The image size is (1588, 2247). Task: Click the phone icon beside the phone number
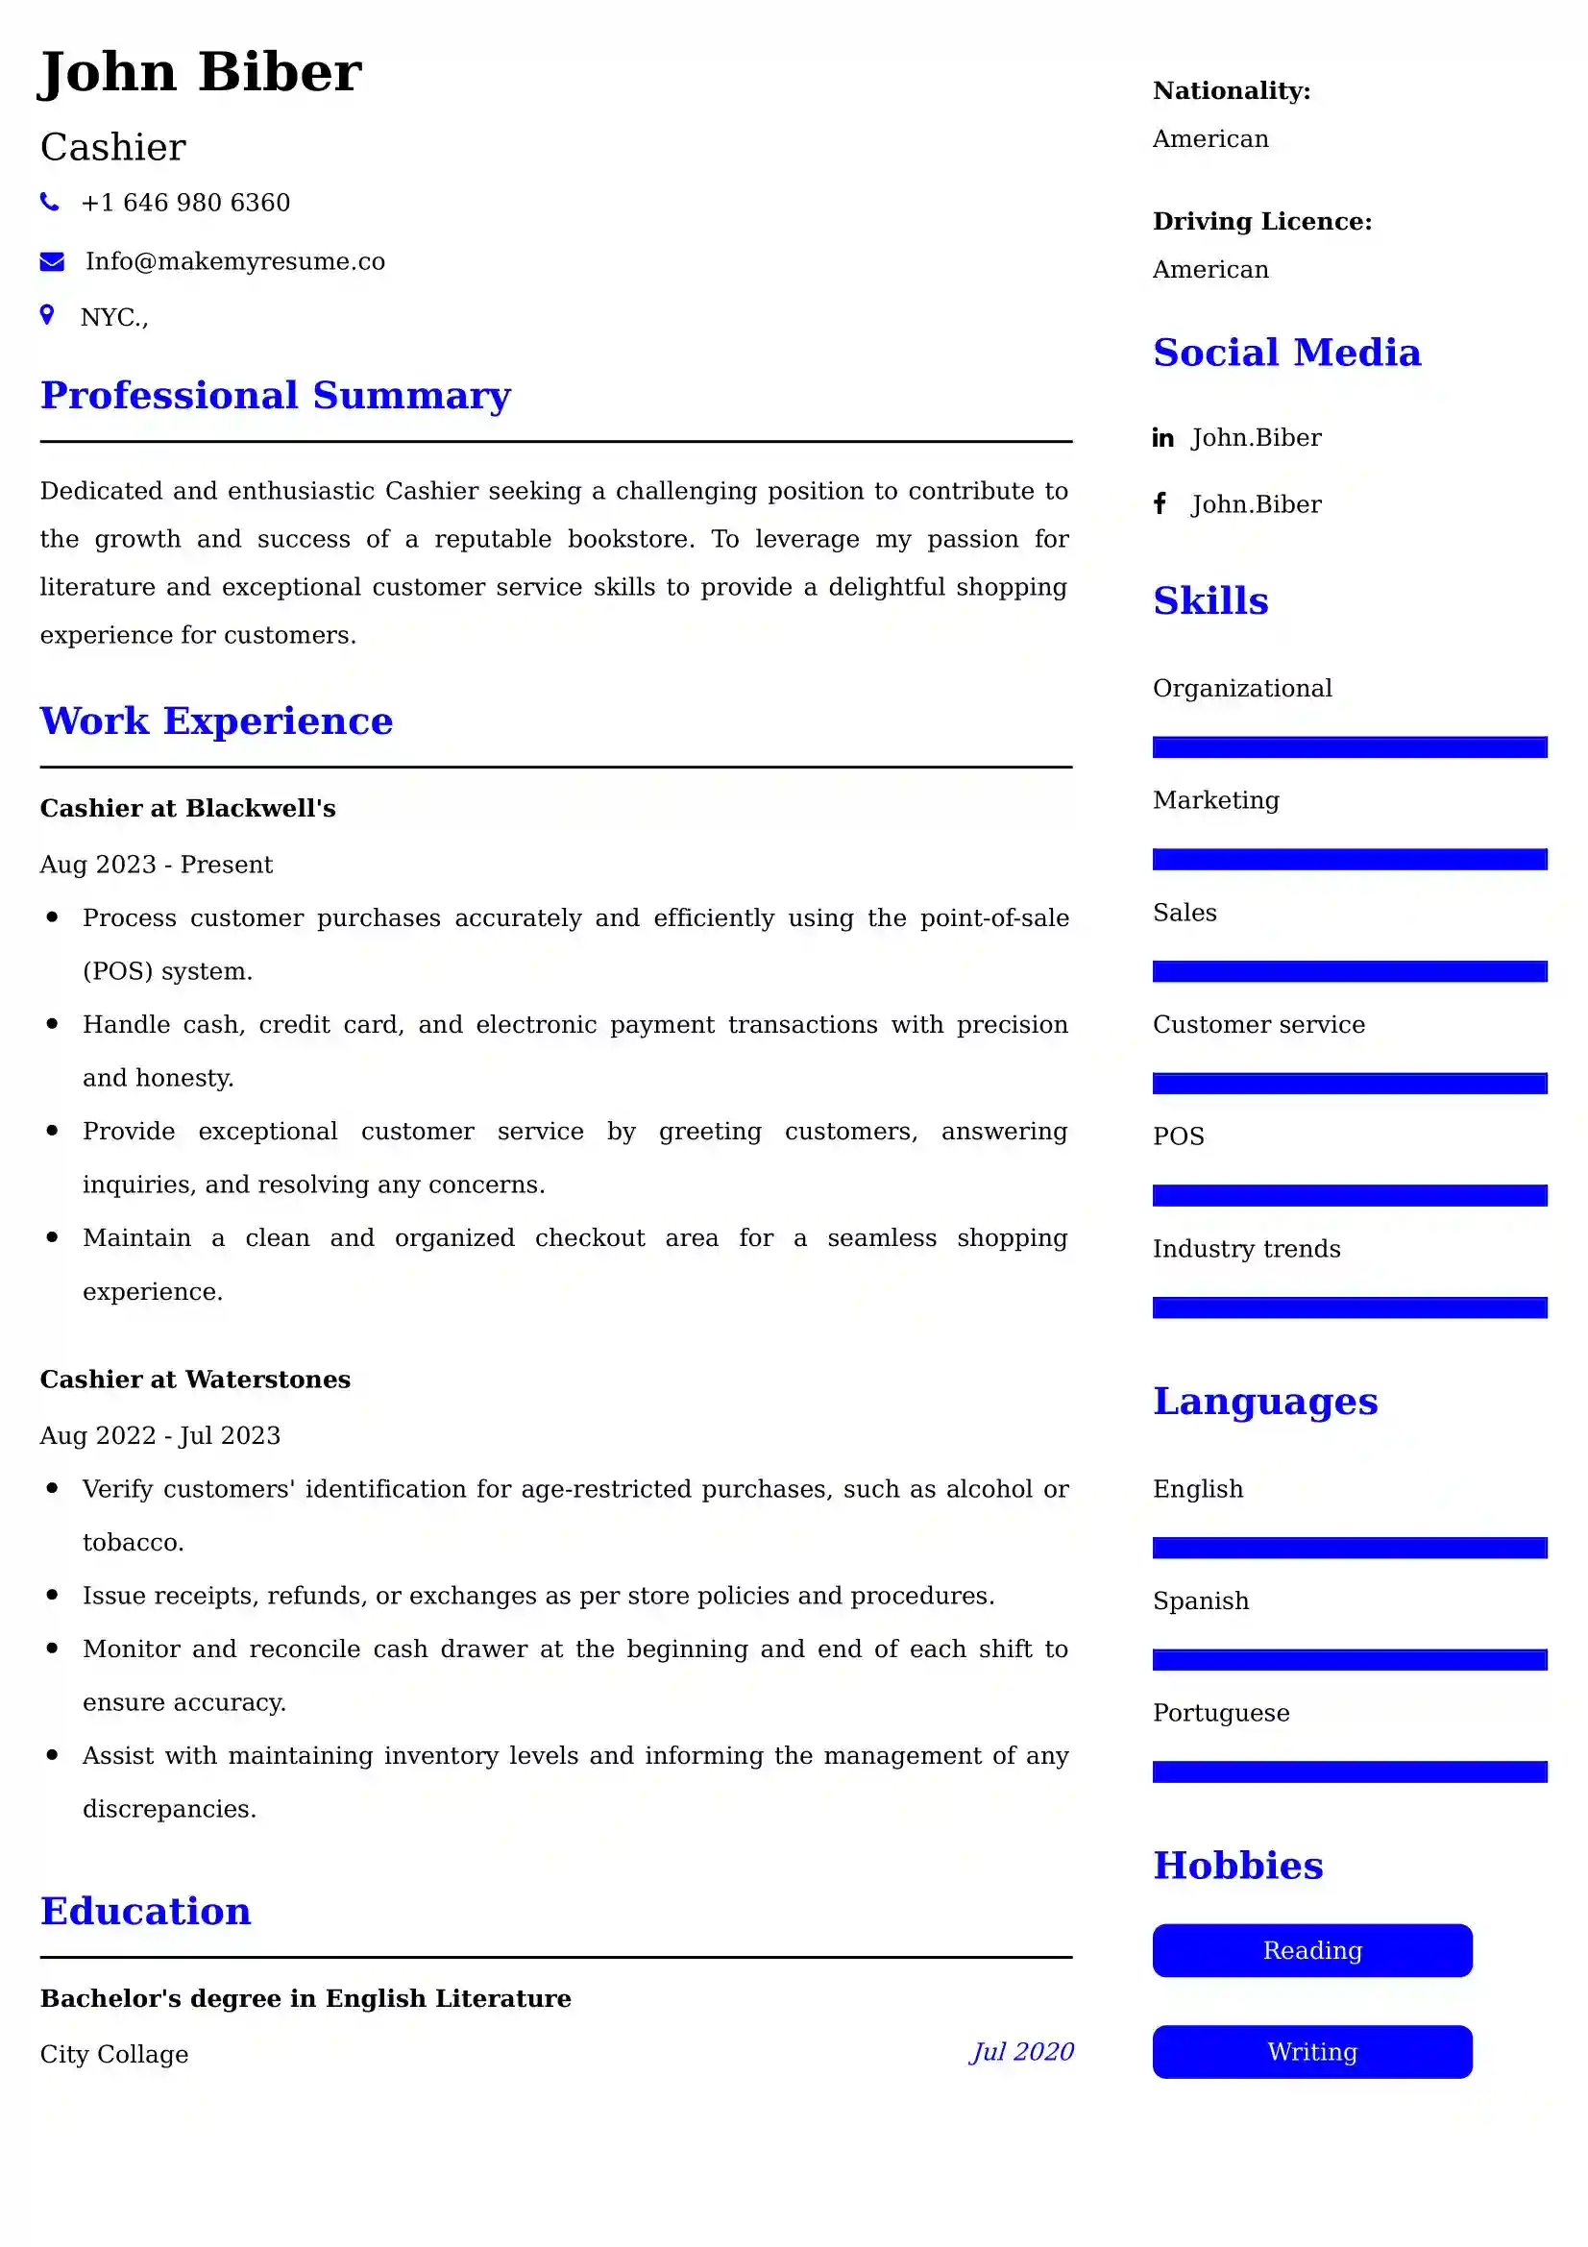pos(49,203)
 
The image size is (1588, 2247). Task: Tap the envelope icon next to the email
pos(52,261)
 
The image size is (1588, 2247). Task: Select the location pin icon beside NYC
pos(47,315)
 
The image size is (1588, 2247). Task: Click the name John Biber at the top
pos(201,72)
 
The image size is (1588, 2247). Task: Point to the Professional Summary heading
pos(275,396)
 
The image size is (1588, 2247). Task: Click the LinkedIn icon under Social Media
pos(1162,437)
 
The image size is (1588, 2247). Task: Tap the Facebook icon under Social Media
pos(1160,504)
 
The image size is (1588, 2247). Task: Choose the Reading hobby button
pos(1311,1950)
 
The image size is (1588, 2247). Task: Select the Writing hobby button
pos(1311,2051)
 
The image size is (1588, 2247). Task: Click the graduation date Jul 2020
pos(1021,2051)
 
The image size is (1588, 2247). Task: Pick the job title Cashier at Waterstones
pos(195,1379)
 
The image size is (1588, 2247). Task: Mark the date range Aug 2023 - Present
pos(157,865)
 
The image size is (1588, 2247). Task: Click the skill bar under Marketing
pos(1349,859)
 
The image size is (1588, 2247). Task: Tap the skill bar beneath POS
pos(1349,1195)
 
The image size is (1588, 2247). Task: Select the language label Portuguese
pos(1221,1713)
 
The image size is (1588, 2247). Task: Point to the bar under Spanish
pos(1349,1660)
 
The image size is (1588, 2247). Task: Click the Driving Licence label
pos(1262,221)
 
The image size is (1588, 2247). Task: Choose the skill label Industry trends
pos(1247,1249)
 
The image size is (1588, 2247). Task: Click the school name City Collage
pos(114,2054)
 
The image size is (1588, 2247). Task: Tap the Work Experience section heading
pos(216,721)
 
